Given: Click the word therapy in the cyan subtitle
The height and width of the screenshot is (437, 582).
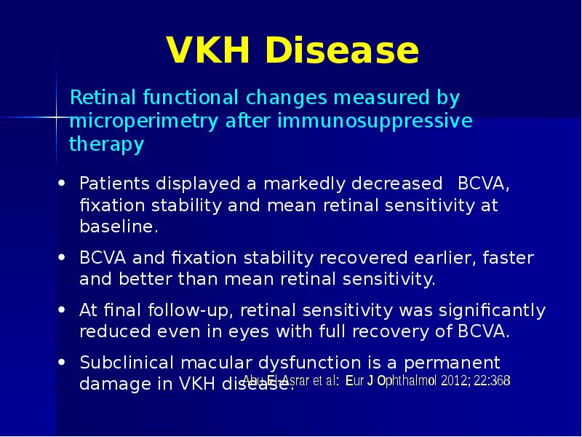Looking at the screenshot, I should [106, 144].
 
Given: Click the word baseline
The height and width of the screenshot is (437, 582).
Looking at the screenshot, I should [118, 227].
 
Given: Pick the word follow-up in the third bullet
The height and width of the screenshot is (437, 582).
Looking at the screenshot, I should [186, 310].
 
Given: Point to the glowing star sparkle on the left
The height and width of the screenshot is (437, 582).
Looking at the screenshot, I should [57, 117].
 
